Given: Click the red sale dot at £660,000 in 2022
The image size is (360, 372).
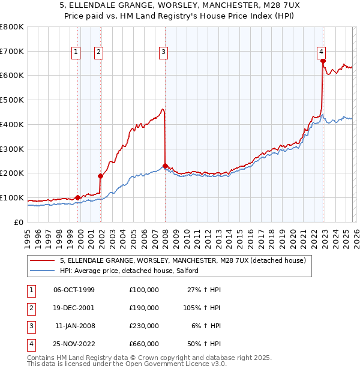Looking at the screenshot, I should pyautogui.click(x=323, y=61).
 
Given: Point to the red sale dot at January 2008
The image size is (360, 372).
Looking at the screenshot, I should pyautogui.click(x=165, y=166).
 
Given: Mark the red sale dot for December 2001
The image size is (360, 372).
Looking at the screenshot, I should pyautogui.click(x=101, y=176).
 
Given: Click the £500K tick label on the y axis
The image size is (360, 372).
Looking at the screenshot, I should pyautogui.click(x=12, y=100).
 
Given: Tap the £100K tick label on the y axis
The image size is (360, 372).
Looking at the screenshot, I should pyautogui.click(x=12, y=197).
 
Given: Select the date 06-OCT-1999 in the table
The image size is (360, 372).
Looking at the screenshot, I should pyautogui.click(x=74, y=290).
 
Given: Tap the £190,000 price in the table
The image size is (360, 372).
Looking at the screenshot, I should pyautogui.click(x=144, y=308).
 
